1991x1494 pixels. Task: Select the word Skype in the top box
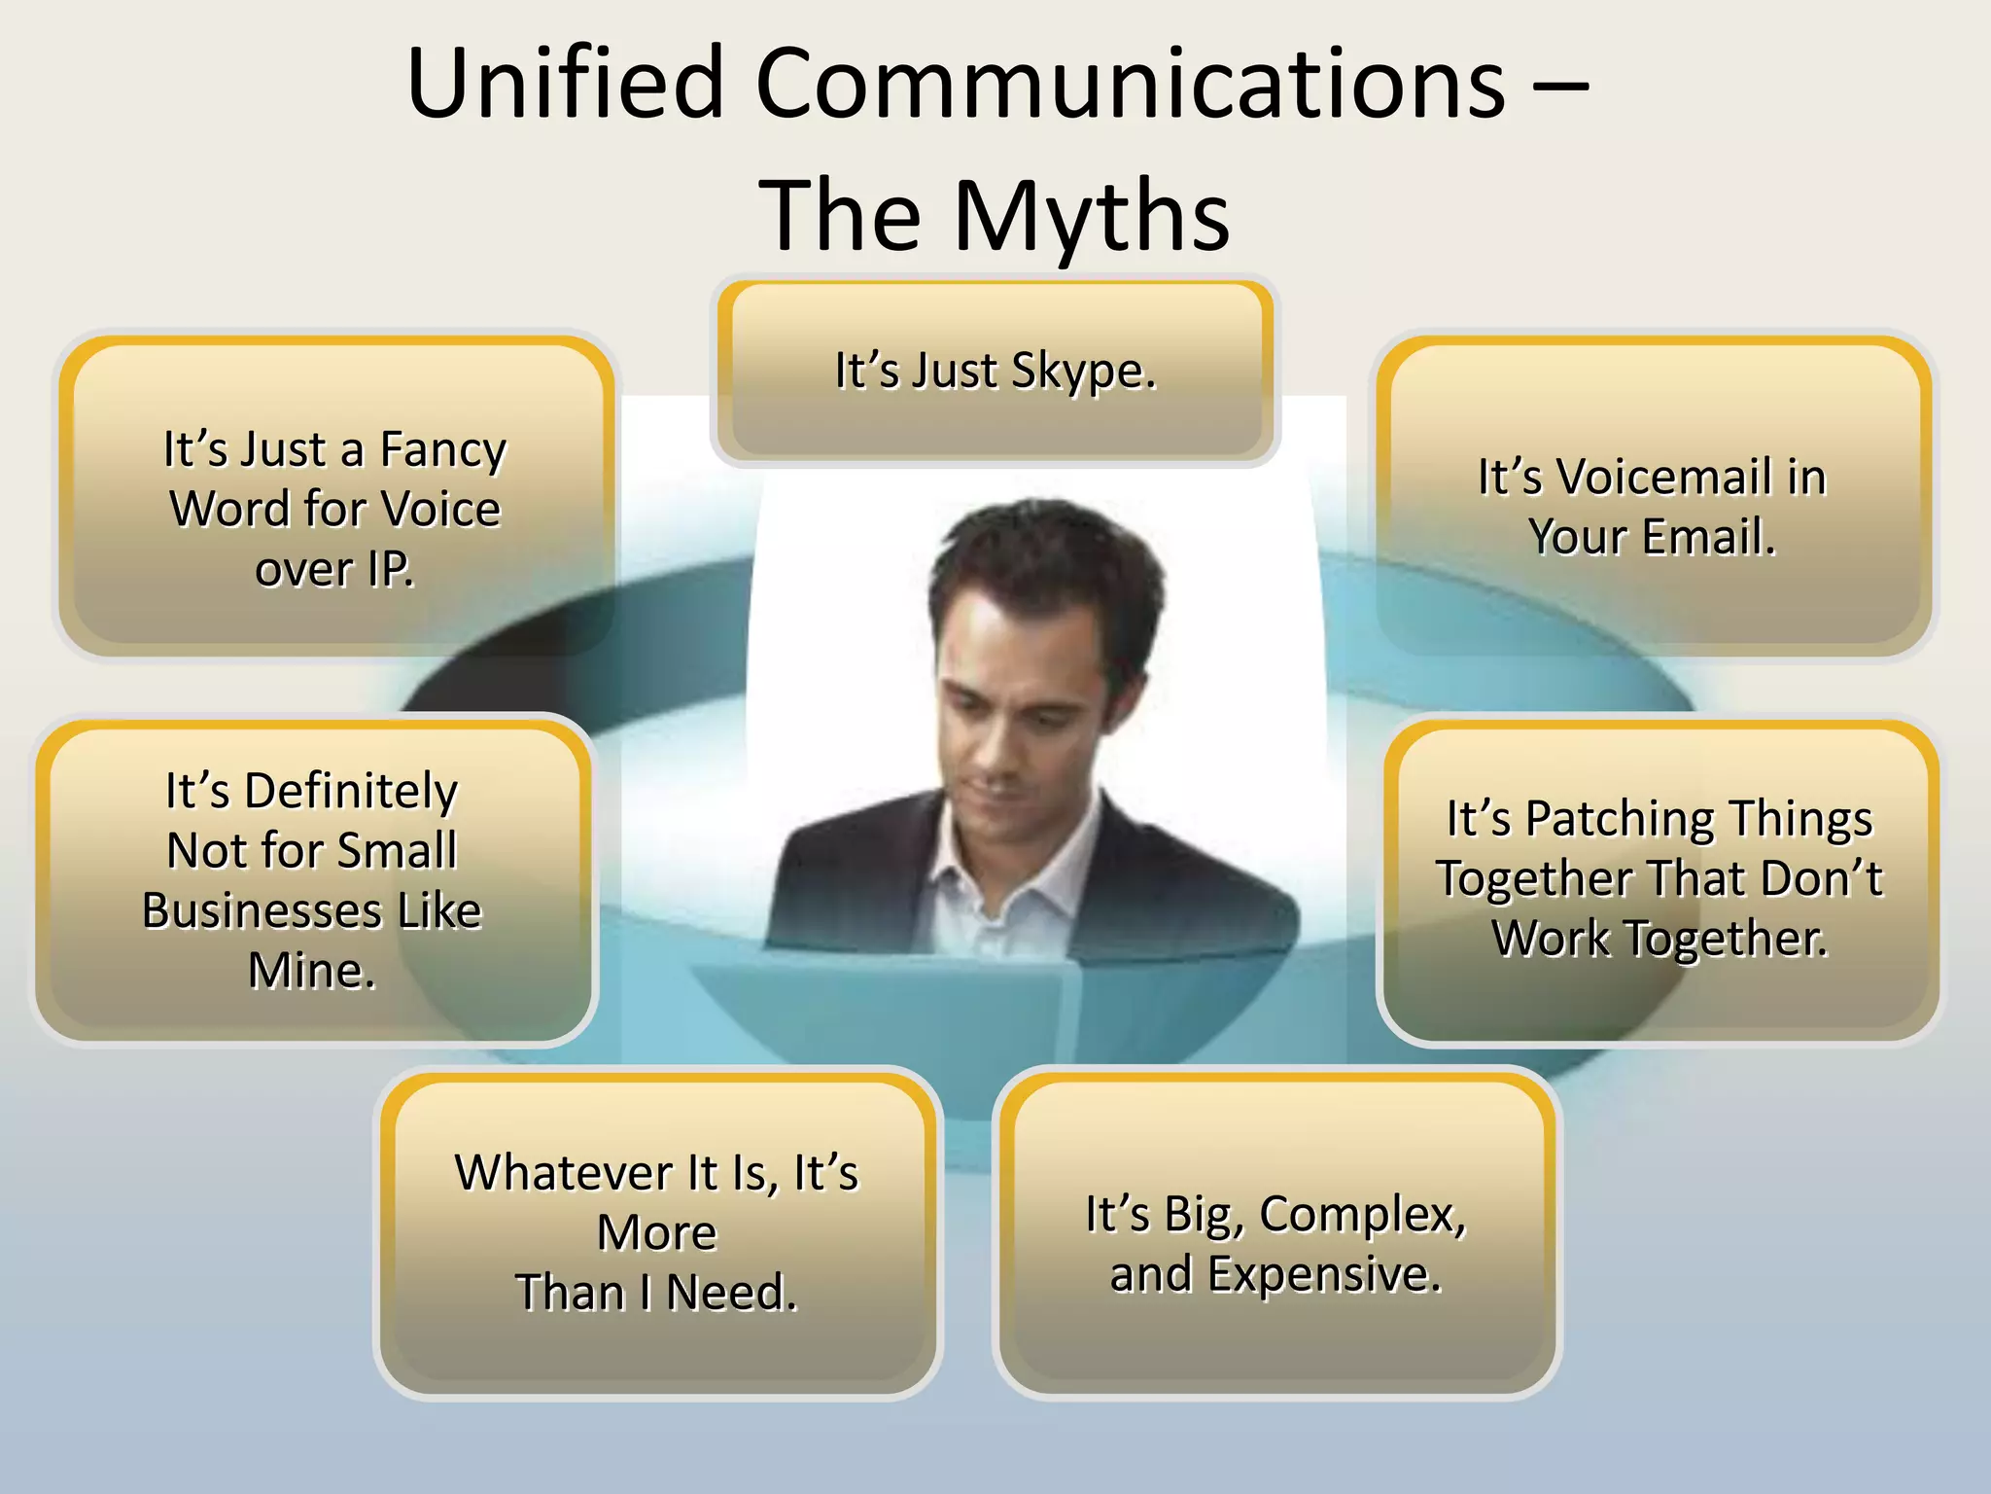coord(1083,372)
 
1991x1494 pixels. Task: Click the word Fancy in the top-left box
coord(442,450)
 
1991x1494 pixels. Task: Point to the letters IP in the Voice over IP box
coord(391,570)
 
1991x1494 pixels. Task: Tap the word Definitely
coord(349,792)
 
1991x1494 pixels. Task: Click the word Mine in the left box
coord(311,971)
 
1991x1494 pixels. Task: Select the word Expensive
coord(1323,1274)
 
